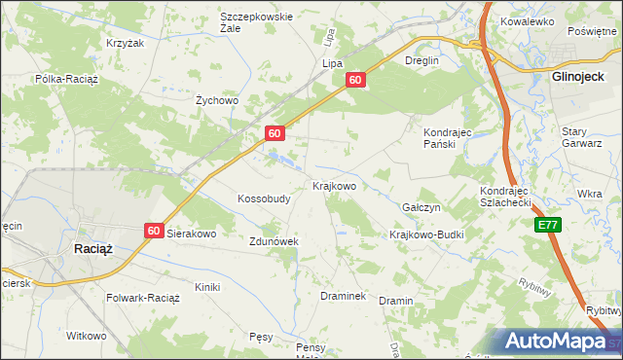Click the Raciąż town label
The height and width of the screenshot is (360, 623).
(x=93, y=248)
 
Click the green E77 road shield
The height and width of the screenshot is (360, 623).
(x=548, y=225)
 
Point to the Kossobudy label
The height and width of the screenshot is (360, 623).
(x=264, y=198)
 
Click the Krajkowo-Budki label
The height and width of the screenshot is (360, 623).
(x=426, y=234)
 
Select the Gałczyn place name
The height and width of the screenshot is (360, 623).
(x=421, y=208)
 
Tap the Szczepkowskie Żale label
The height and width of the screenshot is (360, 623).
(x=256, y=22)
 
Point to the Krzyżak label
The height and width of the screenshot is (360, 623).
(x=125, y=44)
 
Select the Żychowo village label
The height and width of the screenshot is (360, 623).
(x=217, y=99)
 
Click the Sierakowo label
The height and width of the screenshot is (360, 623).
(x=192, y=234)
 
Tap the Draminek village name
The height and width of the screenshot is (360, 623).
(x=343, y=295)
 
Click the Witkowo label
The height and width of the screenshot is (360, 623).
(x=86, y=336)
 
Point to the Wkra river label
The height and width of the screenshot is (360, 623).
(x=589, y=194)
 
